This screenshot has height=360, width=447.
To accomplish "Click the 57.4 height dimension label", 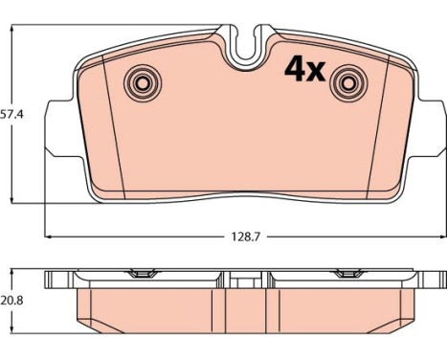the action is (x=11, y=114).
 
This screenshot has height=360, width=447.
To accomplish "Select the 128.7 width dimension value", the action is (x=246, y=236).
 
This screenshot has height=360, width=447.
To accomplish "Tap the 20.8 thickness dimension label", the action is (x=11, y=301).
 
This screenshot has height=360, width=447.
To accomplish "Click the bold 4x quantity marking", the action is (x=305, y=69).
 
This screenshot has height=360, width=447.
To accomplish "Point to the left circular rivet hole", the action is (x=143, y=83).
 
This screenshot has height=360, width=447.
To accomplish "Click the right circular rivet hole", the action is (x=349, y=83).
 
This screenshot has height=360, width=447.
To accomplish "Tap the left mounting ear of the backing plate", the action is (x=61, y=128).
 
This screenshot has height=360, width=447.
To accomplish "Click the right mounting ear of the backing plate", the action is (x=430, y=128).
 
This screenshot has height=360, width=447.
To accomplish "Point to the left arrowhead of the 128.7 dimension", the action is (x=48, y=236).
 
